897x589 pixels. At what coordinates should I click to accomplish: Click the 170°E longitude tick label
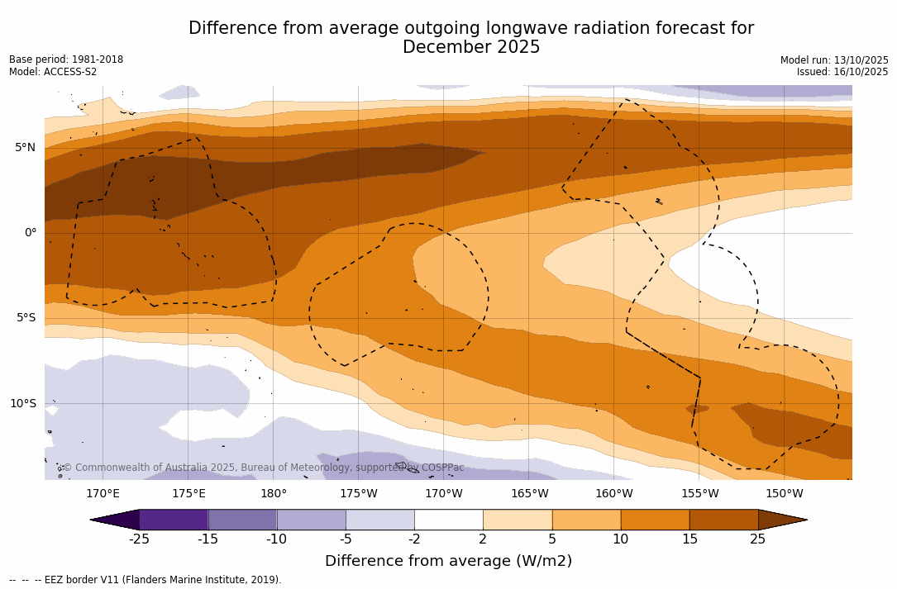click(x=103, y=494)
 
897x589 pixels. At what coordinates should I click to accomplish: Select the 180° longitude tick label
click(x=273, y=494)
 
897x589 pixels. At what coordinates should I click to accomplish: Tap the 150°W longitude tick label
click(x=784, y=494)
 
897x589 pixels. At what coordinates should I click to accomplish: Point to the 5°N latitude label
click(x=25, y=148)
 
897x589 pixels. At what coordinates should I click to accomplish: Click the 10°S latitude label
click(x=22, y=404)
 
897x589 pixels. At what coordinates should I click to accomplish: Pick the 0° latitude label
click(x=30, y=233)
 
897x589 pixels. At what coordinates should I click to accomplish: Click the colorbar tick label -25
click(x=139, y=539)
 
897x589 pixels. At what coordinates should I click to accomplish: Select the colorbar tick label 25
click(x=757, y=539)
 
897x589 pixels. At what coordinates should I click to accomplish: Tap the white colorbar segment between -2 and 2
click(x=448, y=520)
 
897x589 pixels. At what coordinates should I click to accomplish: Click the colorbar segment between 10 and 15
click(x=655, y=520)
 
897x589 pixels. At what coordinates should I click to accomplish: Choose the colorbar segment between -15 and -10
click(x=242, y=520)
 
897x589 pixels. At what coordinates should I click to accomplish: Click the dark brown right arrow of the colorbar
click(x=781, y=520)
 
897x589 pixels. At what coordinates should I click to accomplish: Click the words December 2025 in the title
click(x=471, y=48)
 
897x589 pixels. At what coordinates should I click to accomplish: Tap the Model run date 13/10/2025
click(x=857, y=60)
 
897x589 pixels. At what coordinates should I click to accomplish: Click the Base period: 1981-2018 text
click(x=66, y=59)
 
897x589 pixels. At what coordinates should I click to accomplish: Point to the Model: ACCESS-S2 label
click(x=53, y=72)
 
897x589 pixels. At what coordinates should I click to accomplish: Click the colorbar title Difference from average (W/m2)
click(x=448, y=562)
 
